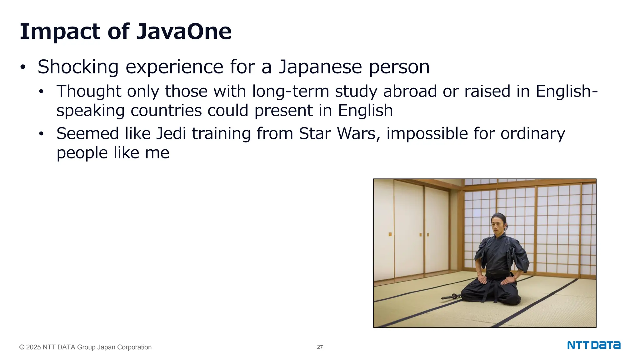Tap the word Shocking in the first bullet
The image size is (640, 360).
[78, 67]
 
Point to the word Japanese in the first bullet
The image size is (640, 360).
[320, 67]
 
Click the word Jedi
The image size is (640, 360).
[171, 133]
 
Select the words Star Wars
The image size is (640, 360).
[338, 133]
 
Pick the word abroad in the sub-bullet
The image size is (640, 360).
[410, 91]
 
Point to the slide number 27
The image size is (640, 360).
[320, 347]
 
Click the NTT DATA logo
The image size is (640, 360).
[594, 345]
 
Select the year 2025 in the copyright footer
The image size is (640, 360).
[33, 347]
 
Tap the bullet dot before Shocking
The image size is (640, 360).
[22, 67]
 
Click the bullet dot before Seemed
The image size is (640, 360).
[41, 134]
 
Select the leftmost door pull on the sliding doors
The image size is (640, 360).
[390, 234]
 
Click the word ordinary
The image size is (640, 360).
[532, 133]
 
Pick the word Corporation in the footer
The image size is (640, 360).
[134, 347]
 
